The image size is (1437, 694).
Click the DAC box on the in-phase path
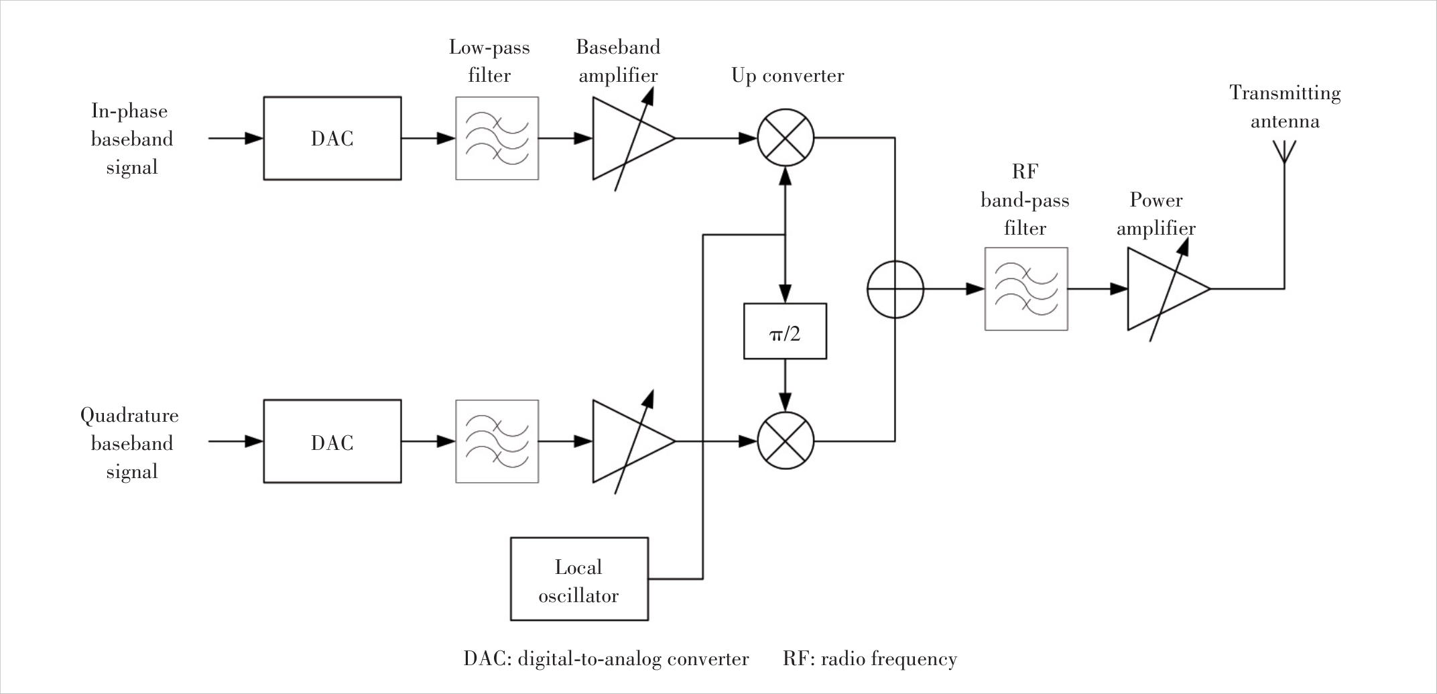332,138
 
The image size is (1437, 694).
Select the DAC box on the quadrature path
332,441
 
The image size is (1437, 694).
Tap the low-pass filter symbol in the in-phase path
497,138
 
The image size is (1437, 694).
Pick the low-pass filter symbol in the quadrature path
497,441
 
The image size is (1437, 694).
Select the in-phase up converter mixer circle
786,138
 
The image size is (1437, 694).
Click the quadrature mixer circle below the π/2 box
786,441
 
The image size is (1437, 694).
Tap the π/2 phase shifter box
785,331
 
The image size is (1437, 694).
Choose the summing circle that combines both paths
895,289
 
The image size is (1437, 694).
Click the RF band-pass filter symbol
1025,289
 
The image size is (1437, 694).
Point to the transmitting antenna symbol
1284,152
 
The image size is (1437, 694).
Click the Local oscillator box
579,579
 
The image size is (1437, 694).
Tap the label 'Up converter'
788,76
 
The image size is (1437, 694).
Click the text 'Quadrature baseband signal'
130,443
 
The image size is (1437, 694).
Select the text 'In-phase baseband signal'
131,139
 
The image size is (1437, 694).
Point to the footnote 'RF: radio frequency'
869,659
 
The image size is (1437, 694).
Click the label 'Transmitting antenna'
1285,107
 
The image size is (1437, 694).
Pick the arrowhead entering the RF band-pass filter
975,289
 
